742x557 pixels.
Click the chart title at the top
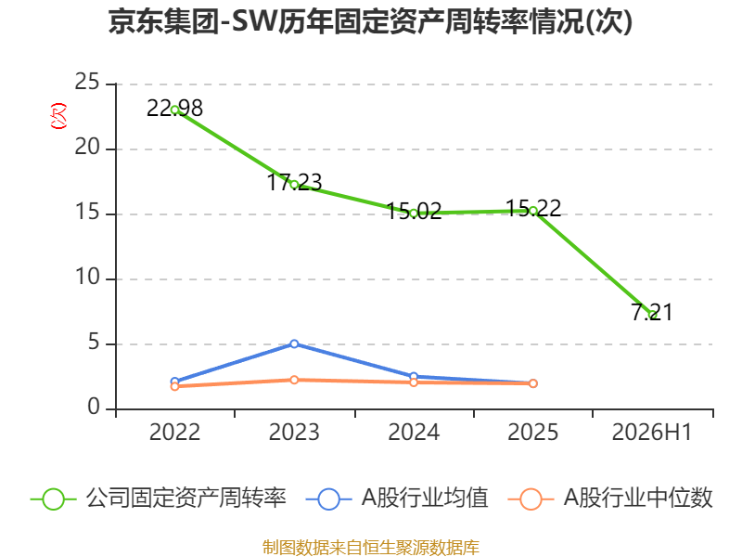pyautogui.click(x=370, y=22)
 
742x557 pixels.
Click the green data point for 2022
pyautogui.click(x=174, y=110)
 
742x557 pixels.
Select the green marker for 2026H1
pyautogui.click(x=653, y=314)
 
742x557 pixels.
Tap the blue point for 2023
pyautogui.click(x=294, y=343)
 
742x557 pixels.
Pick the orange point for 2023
pyautogui.click(x=294, y=380)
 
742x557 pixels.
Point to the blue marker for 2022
pyautogui.click(x=174, y=382)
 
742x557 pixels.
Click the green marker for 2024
pyautogui.click(x=414, y=214)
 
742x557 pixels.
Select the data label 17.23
pyautogui.click(x=294, y=182)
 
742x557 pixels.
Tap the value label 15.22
pyautogui.click(x=533, y=208)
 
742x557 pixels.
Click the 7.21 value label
pyautogui.click(x=652, y=312)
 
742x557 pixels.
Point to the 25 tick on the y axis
pyautogui.click(x=87, y=82)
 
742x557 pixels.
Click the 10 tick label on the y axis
pyautogui.click(x=87, y=277)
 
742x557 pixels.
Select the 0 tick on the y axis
pyautogui.click(x=94, y=407)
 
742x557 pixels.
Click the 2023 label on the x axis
pyautogui.click(x=294, y=433)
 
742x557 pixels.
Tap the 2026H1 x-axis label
pyautogui.click(x=652, y=433)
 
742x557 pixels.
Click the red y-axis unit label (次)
pyautogui.click(x=58, y=116)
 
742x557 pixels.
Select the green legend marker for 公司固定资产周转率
pyautogui.click(x=53, y=499)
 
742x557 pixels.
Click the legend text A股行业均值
pyautogui.click(x=425, y=498)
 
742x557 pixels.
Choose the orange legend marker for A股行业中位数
pyautogui.click(x=531, y=499)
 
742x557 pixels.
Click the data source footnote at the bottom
pyautogui.click(x=371, y=548)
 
